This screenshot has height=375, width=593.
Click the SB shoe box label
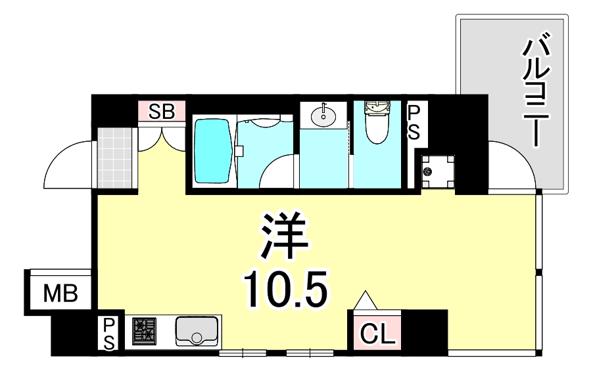point(161,112)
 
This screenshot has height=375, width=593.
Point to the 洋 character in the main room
point(285,237)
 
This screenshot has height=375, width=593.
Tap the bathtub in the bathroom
point(213,150)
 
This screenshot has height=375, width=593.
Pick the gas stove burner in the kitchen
point(144,331)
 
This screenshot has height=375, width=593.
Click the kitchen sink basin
point(197,330)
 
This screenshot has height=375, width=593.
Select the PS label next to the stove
point(109,334)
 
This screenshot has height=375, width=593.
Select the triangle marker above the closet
point(366,301)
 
